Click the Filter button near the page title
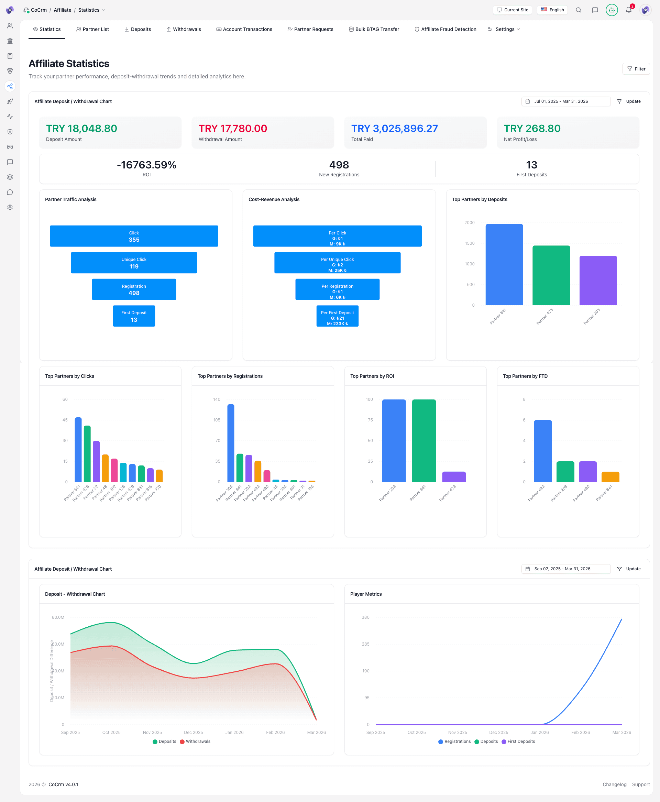click(x=636, y=69)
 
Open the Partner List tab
click(x=92, y=29)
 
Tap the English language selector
click(x=552, y=10)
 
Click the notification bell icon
click(x=628, y=10)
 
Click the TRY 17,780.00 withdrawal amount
click(x=233, y=129)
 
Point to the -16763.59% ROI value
click(x=146, y=165)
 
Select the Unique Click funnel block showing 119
click(x=134, y=263)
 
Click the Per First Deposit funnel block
click(x=337, y=316)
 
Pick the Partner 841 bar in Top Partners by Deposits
click(x=504, y=265)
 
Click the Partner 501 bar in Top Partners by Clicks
click(x=78, y=450)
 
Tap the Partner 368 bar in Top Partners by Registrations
click(x=231, y=443)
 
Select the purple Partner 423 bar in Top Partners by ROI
click(x=454, y=477)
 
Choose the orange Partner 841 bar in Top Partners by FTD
click(x=610, y=477)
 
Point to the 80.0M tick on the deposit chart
click(x=58, y=617)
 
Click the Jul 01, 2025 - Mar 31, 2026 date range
click(x=565, y=101)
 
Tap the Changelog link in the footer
click(x=614, y=784)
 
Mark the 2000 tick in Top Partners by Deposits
click(x=470, y=223)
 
